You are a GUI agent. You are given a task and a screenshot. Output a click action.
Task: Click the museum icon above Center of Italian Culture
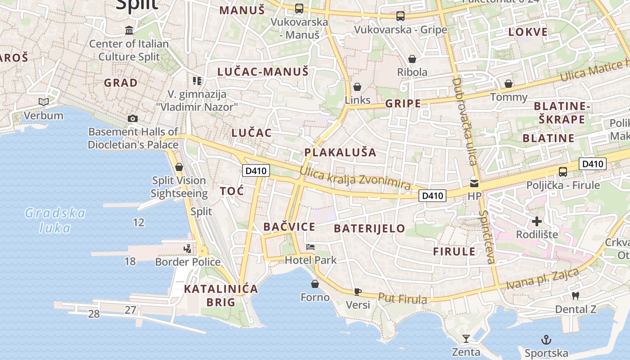pyautogui.click(x=130, y=30)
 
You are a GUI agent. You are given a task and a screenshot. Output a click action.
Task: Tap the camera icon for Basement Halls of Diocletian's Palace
pyautogui.click(x=133, y=118)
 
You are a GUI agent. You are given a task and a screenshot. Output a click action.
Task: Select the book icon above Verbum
pyautogui.click(x=44, y=102)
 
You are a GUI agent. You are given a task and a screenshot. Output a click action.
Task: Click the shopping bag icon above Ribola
pyautogui.click(x=412, y=59)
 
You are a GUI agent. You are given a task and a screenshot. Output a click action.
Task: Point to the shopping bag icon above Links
pyautogui.click(x=357, y=87)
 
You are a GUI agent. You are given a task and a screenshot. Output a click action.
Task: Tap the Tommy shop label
pyautogui.click(x=508, y=97)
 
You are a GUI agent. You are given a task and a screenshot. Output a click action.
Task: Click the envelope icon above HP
pyautogui.click(x=474, y=184)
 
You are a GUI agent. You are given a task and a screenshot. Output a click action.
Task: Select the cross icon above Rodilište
pyautogui.click(x=536, y=221)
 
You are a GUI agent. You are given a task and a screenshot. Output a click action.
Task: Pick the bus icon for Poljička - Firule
pyautogui.click(x=562, y=171)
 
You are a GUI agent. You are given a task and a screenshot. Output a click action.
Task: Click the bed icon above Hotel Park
pyautogui.click(x=310, y=247)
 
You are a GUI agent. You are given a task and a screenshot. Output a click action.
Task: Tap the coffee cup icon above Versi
pyautogui.click(x=358, y=292)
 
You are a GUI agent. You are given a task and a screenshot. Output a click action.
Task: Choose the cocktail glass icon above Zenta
pyautogui.click(x=466, y=339)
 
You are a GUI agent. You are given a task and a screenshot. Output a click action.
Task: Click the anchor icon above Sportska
pyautogui.click(x=546, y=340)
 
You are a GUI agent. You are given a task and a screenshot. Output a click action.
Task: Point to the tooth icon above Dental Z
pyautogui.click(x=575, y=296)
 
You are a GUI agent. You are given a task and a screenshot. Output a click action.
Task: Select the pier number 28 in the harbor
pyautogui.click(x=94, y=314)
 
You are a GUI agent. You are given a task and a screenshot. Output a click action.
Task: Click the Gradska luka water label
pyautogui.click(x=55, y=220)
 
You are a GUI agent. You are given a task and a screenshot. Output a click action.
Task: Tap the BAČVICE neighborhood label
pyautogui.click(x=289, y=227)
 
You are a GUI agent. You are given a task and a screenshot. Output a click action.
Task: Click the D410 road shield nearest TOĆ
pyautogui.click(x=256, y=171)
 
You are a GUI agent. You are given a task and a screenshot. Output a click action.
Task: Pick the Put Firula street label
pyautogui.click(x=402, y=299)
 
